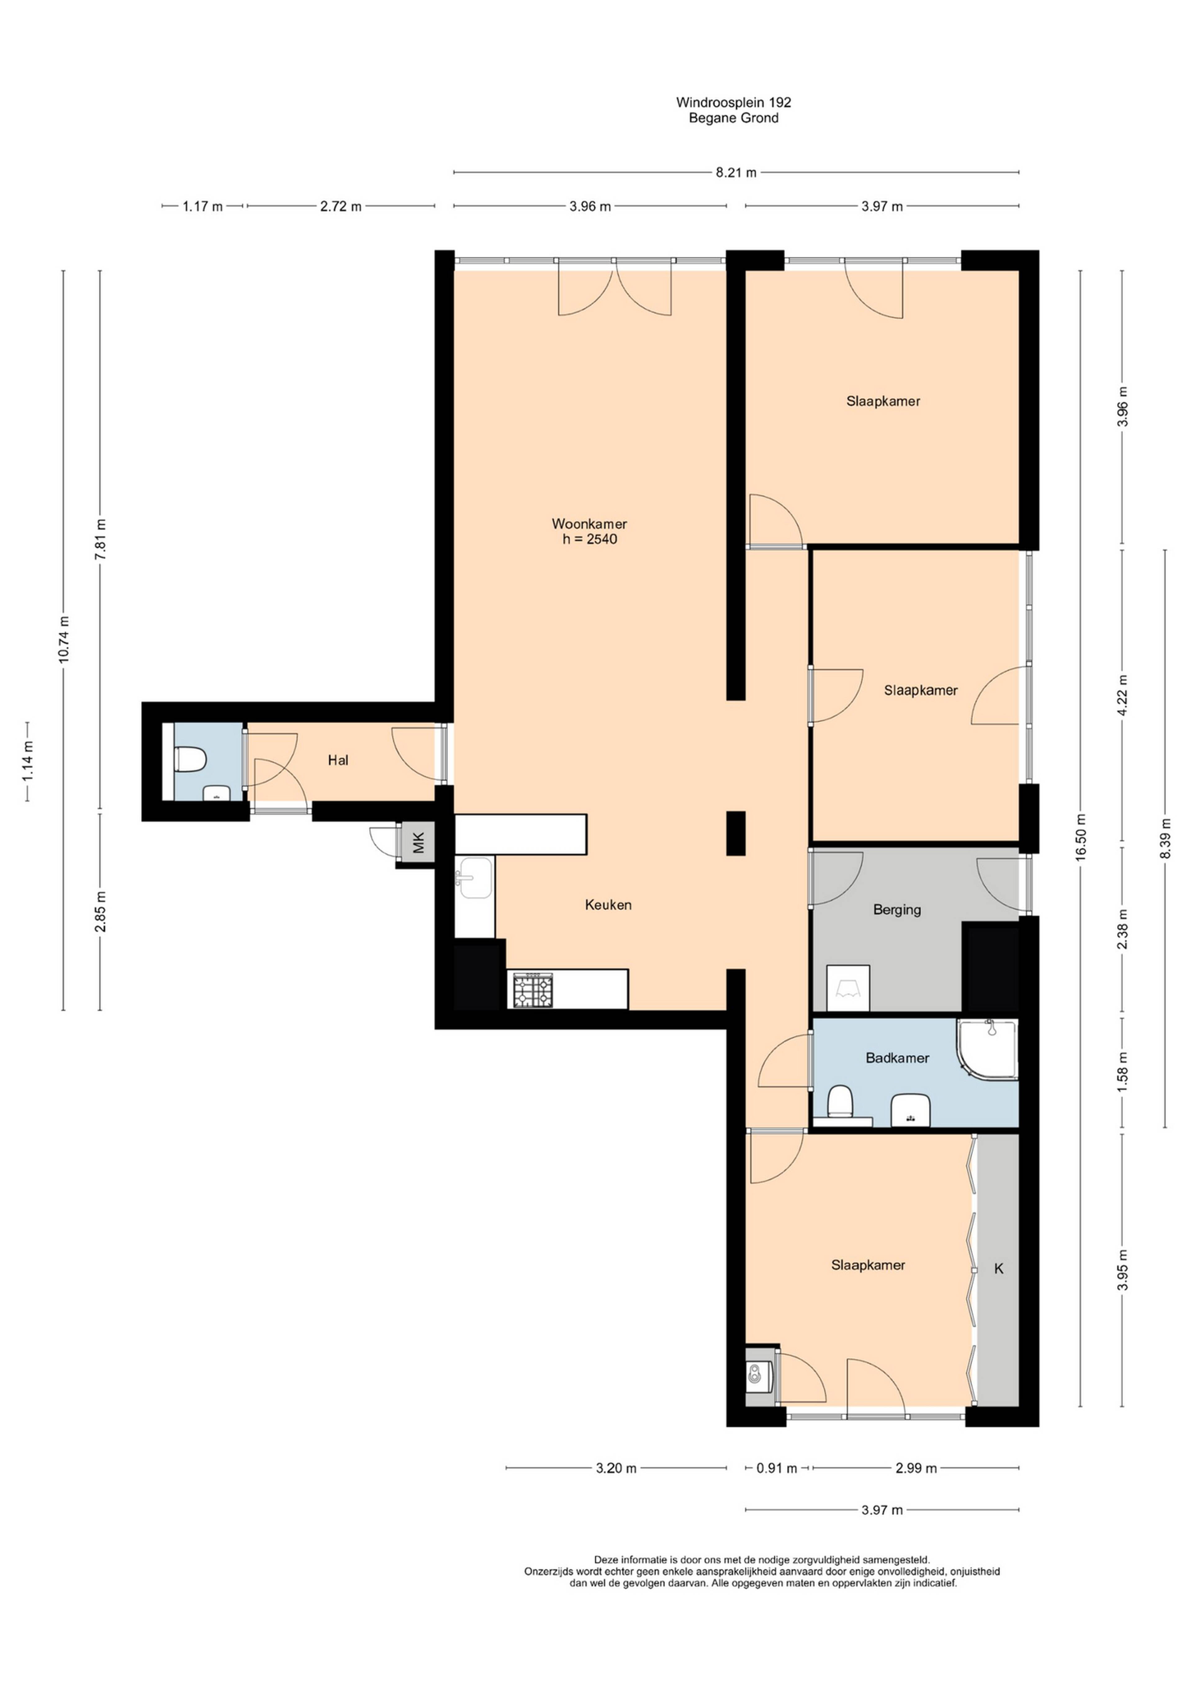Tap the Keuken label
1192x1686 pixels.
pos(608,905)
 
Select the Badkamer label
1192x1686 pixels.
pos(897,1058)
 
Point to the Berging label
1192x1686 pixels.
pos(897,910)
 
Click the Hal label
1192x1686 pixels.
pos(338,760)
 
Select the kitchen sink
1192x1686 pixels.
pos(475,878)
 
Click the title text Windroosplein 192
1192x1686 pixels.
pos(733,103)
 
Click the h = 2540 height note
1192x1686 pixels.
pos(589,539)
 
